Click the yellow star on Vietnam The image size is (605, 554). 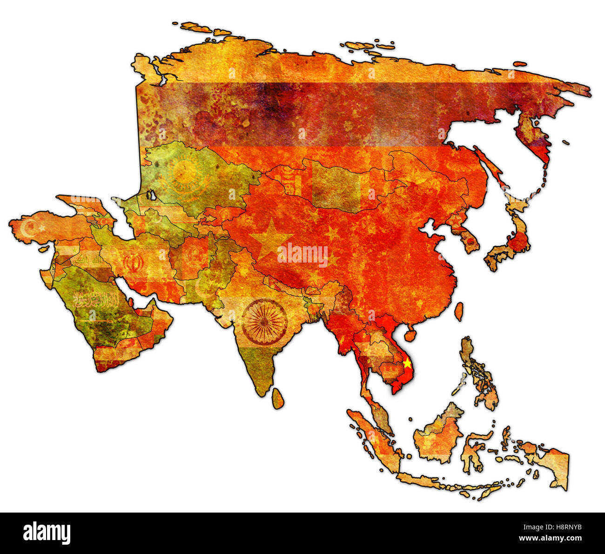[x=407, y=363]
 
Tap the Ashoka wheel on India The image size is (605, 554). [x=264, y=322]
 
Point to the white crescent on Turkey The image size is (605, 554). [x=30, y=228]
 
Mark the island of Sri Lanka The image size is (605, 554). [x=277, y=399]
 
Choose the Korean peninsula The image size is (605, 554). [x=465, y=235]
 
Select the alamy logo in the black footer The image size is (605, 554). [x=47, y=533]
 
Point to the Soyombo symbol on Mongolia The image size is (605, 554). [x=289, y=182]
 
